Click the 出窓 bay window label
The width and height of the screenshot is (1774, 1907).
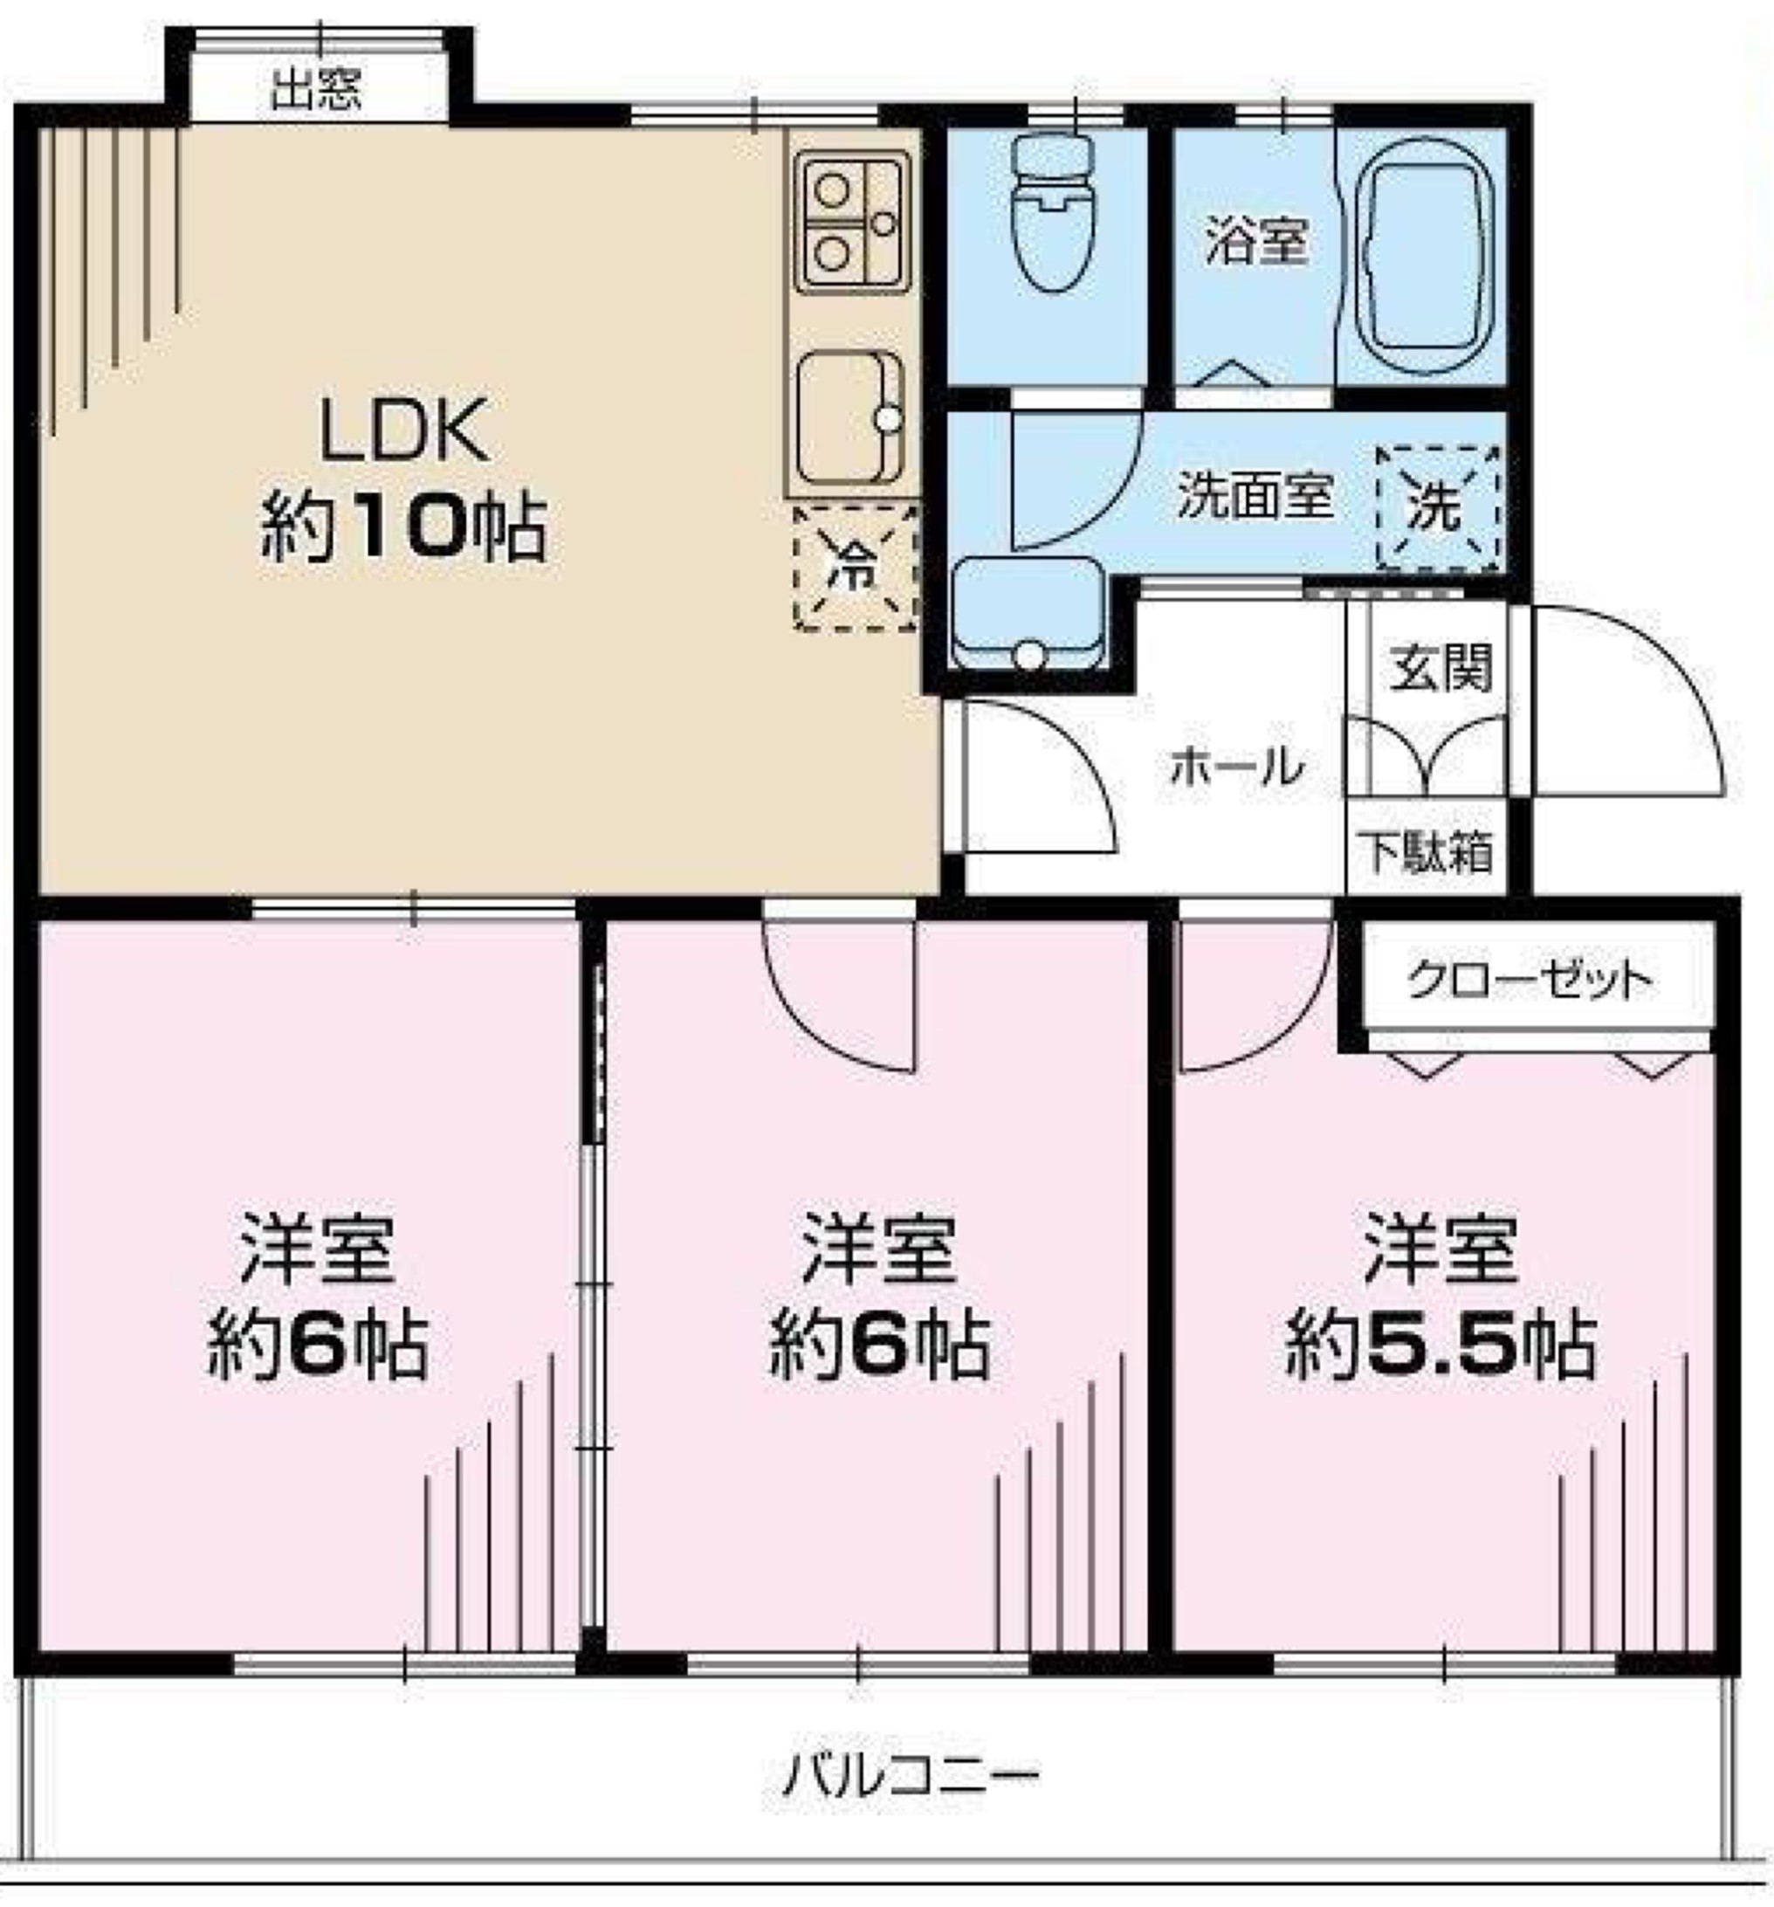[x=315, y=90]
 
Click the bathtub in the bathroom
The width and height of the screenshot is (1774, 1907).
[x=1421, y=258]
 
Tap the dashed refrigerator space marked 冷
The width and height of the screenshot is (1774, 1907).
[x=856, y=568]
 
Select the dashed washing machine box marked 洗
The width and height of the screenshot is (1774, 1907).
[x=1436, y=508]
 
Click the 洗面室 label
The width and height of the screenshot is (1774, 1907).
[x=1255, y=495]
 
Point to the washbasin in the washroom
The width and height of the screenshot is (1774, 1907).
[x=1028, y=614]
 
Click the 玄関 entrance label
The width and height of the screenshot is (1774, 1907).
[x=1441, y=668]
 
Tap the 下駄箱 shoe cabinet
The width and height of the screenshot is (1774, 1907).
[x=1427, y=848]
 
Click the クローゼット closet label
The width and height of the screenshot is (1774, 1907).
[x=1530, y=980]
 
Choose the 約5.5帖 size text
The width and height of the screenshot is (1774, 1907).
[x=1441, y=1346]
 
